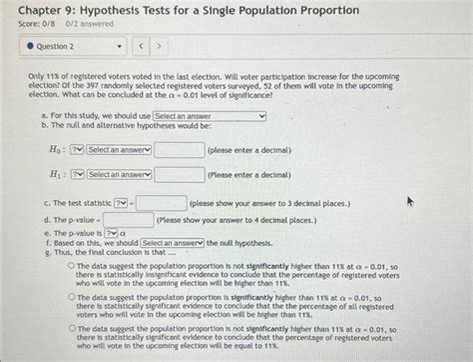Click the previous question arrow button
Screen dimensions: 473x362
pos(142,46)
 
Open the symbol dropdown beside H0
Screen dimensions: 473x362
pos(77,150)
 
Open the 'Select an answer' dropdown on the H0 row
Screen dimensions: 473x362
pos(119,150)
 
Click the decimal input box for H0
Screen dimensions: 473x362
pos(179,150)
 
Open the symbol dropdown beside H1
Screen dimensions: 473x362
pos(77,174)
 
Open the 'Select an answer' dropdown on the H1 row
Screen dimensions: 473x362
pos(119,174)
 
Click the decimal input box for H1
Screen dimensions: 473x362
pos(179,174)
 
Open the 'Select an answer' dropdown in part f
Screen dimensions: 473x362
pos(173,243)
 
